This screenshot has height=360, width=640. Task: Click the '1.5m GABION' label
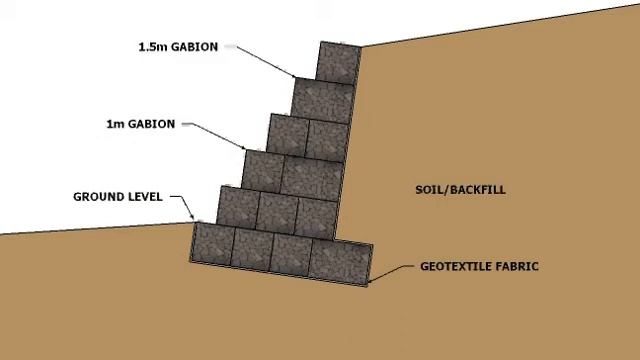[x=177, y=46]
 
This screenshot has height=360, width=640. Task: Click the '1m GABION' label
[x=140, y=125]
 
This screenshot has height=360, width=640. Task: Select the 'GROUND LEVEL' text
[x=117, y=197]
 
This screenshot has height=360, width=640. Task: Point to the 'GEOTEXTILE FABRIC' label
[x=479, y=267]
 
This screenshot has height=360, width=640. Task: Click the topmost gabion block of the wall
[x=337, y=61]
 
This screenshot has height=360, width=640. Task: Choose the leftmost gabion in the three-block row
[x=238, y=207]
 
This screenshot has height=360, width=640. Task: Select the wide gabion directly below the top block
[x=323, y=99]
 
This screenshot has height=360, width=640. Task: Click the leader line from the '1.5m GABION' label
[x=261, y=59]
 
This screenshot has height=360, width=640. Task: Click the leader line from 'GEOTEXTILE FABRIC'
[x=395, y=274]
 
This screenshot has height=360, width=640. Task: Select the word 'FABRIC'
[x=514, y=267]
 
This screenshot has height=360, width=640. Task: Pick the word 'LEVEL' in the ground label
[x=143, y=197]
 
